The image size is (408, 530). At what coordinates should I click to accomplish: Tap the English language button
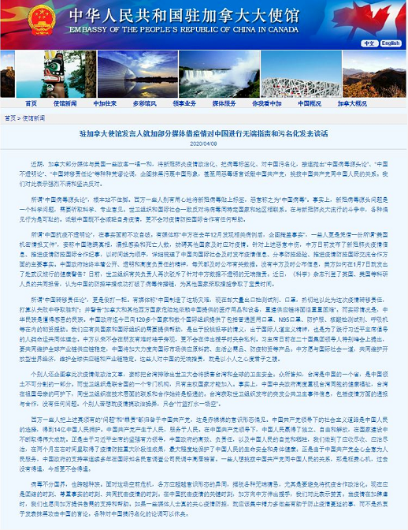tap(391, 43)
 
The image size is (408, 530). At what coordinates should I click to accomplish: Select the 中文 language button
tap(370, 43)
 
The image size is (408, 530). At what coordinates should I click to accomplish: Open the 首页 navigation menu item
tap(31, 103)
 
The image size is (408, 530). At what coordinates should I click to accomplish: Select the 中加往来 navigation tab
tap(105, 103)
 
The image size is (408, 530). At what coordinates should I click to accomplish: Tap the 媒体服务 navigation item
tap(223, 103)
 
